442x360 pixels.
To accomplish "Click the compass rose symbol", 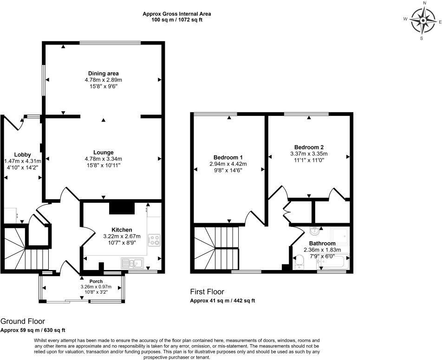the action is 423,21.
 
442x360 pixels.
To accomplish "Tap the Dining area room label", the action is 104,73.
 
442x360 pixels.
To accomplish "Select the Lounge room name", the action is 104,153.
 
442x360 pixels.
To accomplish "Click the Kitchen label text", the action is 122,230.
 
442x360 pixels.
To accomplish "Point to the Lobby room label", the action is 23,154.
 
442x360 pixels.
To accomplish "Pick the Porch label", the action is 96,282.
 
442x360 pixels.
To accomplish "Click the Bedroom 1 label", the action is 228,157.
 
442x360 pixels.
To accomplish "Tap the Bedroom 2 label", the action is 309,147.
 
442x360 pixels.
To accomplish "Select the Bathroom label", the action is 322,244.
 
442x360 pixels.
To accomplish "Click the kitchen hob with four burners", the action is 154,240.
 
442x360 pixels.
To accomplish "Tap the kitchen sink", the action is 132,264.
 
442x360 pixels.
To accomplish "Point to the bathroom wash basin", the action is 315,231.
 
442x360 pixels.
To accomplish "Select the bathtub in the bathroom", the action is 333,262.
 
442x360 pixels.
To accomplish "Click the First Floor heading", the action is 207,291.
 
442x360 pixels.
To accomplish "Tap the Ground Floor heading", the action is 23,321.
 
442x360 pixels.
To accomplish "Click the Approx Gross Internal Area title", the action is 177,13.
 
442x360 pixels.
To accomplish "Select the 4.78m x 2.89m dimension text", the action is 104,80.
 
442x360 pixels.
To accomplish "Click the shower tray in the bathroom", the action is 340,236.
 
